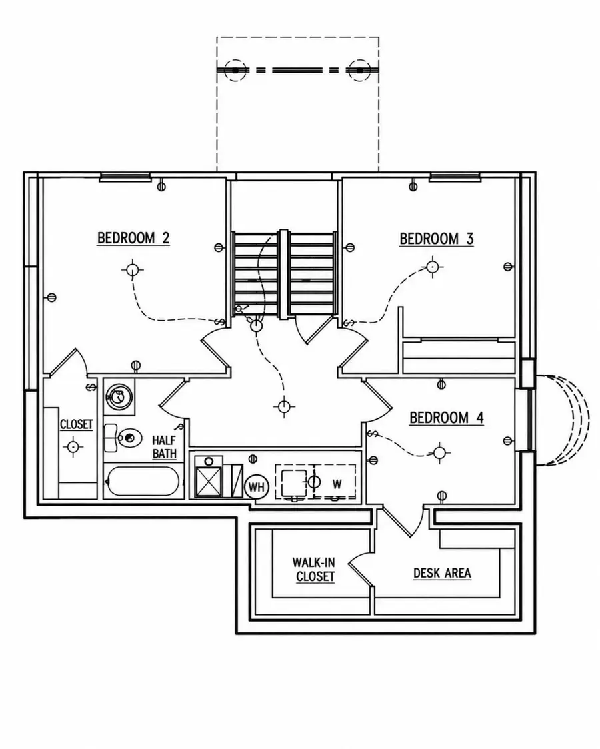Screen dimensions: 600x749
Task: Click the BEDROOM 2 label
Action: click(x=133, y=238)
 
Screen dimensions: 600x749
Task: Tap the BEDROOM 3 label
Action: click(x=436, y=239)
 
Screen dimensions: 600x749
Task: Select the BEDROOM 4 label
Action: click(x=447, y=418)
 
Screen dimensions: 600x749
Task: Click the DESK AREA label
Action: click(x=442, y=573)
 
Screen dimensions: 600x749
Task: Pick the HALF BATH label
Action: click(x=164, y=447)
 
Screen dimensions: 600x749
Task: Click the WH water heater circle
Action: click(x=257, y=487)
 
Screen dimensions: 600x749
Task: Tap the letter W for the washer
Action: click(x=337, y=484)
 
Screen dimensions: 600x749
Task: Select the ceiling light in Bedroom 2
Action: click(x=132, y=270)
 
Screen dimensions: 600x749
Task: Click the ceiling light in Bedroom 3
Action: click(x=432, y=266)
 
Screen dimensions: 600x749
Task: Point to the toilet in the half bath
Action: click(x=124, y=437)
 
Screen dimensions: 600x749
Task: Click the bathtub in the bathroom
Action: click(x=143, y=481)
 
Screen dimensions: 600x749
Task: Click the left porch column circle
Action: click(x=235, y=70)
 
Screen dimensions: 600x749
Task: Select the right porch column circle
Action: click(x=360, y=70)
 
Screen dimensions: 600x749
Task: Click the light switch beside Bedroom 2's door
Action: click(x=220, y=321)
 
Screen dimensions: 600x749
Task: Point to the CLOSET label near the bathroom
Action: click(x=77, y=424)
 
